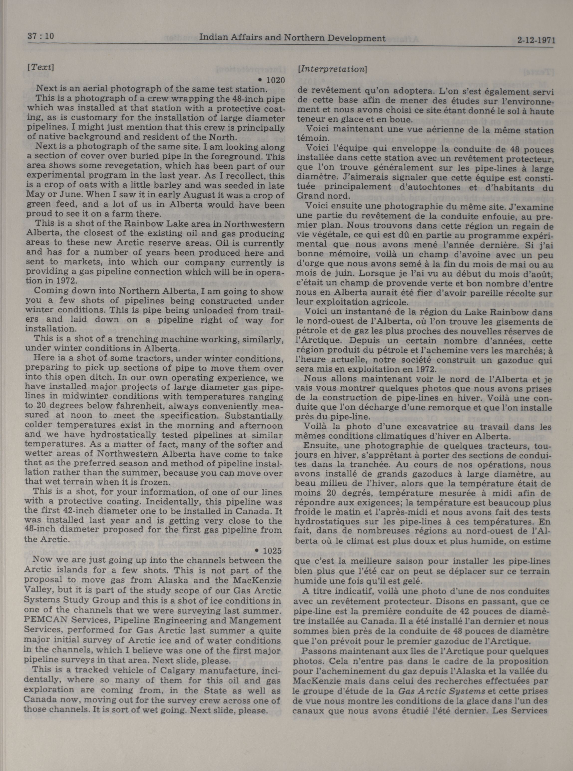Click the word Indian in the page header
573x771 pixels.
point(212,37)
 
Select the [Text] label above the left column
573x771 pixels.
point(40,67)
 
